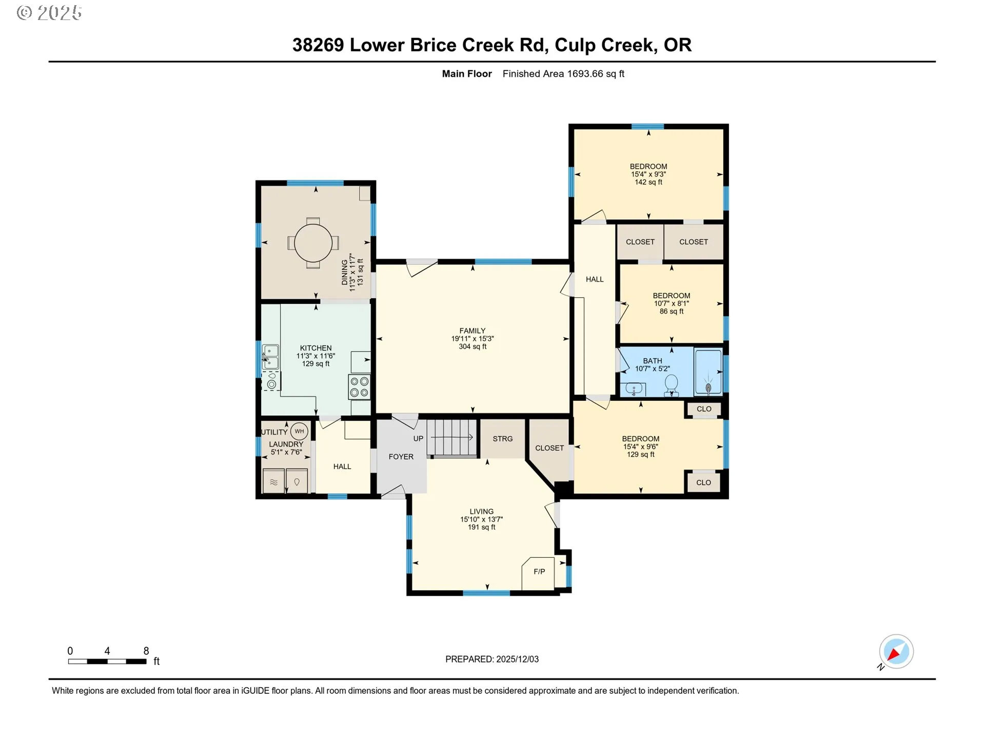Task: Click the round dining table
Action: [x=313, y=243]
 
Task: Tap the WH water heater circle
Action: [x=299, y=431]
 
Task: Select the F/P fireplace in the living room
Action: [x=538, y=573]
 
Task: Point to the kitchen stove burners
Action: [x=360, y=387]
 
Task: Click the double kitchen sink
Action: [x=270, y=357]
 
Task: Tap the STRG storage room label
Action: [x=503, y=439]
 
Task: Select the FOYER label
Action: [x=401, y=457]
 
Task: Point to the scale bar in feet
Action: [x=108, y=662]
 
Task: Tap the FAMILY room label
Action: [x=472, y=331]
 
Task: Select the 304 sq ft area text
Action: [x=472, y=347]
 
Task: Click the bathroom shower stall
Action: [x=708, y=372]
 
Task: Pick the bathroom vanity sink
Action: [x=633, y=390]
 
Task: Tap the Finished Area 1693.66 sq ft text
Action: [x=563, y=74]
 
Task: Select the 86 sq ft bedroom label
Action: [x=672, y=312]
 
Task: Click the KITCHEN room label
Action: [x=316, y=348]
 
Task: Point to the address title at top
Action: [x=492, y=45]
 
